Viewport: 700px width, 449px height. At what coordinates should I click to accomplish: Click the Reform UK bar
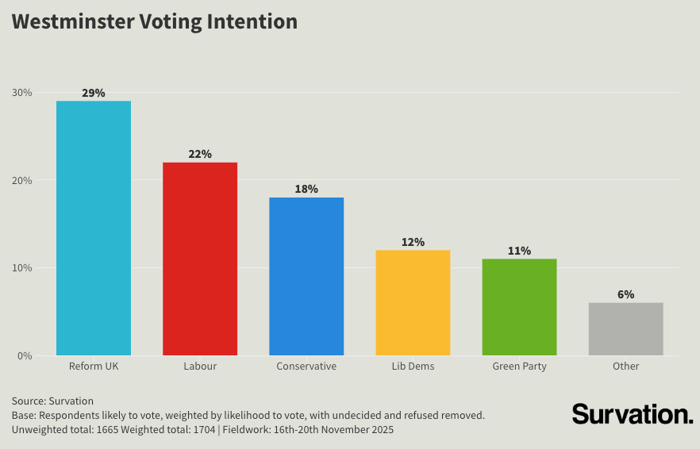94,228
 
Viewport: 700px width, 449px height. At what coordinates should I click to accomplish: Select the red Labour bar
200,259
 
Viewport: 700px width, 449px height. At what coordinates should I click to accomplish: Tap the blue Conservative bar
306,276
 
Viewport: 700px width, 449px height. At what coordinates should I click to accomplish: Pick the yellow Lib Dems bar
413,302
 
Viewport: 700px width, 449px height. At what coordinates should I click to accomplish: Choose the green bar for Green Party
519,307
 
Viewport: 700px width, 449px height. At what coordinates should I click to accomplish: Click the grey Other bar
625,328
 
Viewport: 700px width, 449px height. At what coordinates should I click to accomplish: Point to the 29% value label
94,93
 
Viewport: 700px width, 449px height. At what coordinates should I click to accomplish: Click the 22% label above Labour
200,154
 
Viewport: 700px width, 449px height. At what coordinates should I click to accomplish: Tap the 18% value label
306,189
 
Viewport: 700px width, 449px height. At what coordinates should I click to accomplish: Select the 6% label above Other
625,294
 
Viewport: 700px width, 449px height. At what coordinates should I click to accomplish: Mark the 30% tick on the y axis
22,93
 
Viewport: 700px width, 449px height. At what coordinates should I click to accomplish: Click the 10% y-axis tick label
22,268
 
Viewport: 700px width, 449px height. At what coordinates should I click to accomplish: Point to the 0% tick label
25,355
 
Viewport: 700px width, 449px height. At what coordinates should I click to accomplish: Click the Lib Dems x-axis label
413,366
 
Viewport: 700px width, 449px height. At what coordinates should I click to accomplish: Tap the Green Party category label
519,366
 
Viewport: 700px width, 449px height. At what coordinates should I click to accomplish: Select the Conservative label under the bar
306,366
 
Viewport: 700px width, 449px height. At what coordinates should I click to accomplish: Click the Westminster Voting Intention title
155,21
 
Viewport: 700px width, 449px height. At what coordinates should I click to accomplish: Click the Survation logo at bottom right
633,413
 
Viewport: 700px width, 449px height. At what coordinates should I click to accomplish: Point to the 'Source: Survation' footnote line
52,401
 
